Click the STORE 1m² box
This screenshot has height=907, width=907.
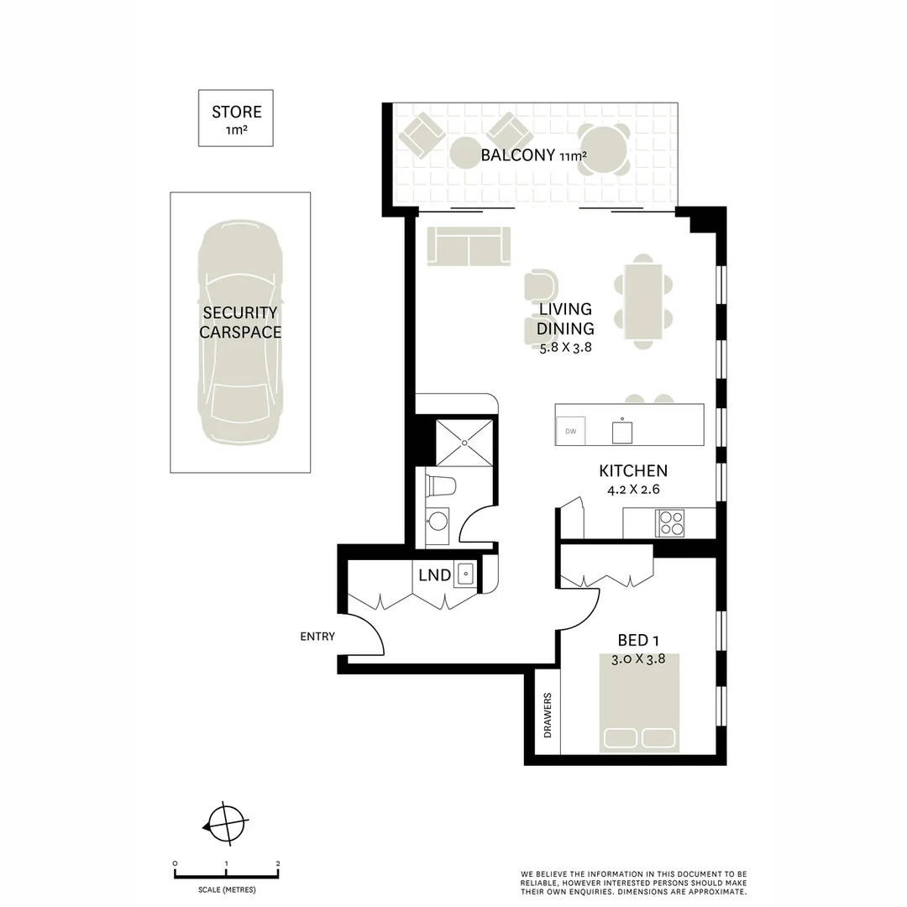point(236,118)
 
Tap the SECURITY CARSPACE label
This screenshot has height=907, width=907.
point(240,322)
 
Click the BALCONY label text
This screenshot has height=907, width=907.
point(517,155)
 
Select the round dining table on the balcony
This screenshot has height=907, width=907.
point(604,149)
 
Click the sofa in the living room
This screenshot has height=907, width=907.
point(469,246)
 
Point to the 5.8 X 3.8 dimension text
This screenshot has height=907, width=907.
point(565,346)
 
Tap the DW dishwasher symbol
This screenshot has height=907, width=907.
point(571,432)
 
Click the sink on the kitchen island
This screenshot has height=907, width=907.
point(621,432)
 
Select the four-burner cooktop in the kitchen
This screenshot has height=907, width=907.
point(672,523)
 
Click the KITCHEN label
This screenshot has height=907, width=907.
point(632,471)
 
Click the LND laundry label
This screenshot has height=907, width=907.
point(434,576)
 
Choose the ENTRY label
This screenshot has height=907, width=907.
point(317,637)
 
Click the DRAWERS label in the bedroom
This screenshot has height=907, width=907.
point(548,716)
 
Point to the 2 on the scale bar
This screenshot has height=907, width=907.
point(278,863)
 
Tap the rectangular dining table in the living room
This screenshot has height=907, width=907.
point(642,302)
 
